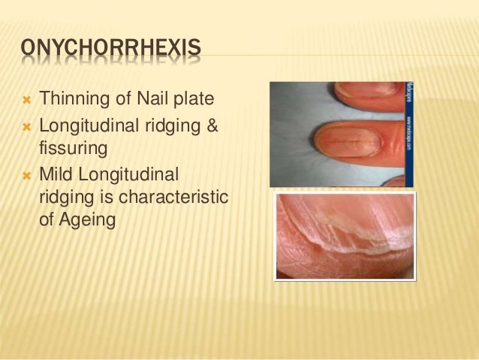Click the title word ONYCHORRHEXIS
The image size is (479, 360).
click(110, 50)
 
